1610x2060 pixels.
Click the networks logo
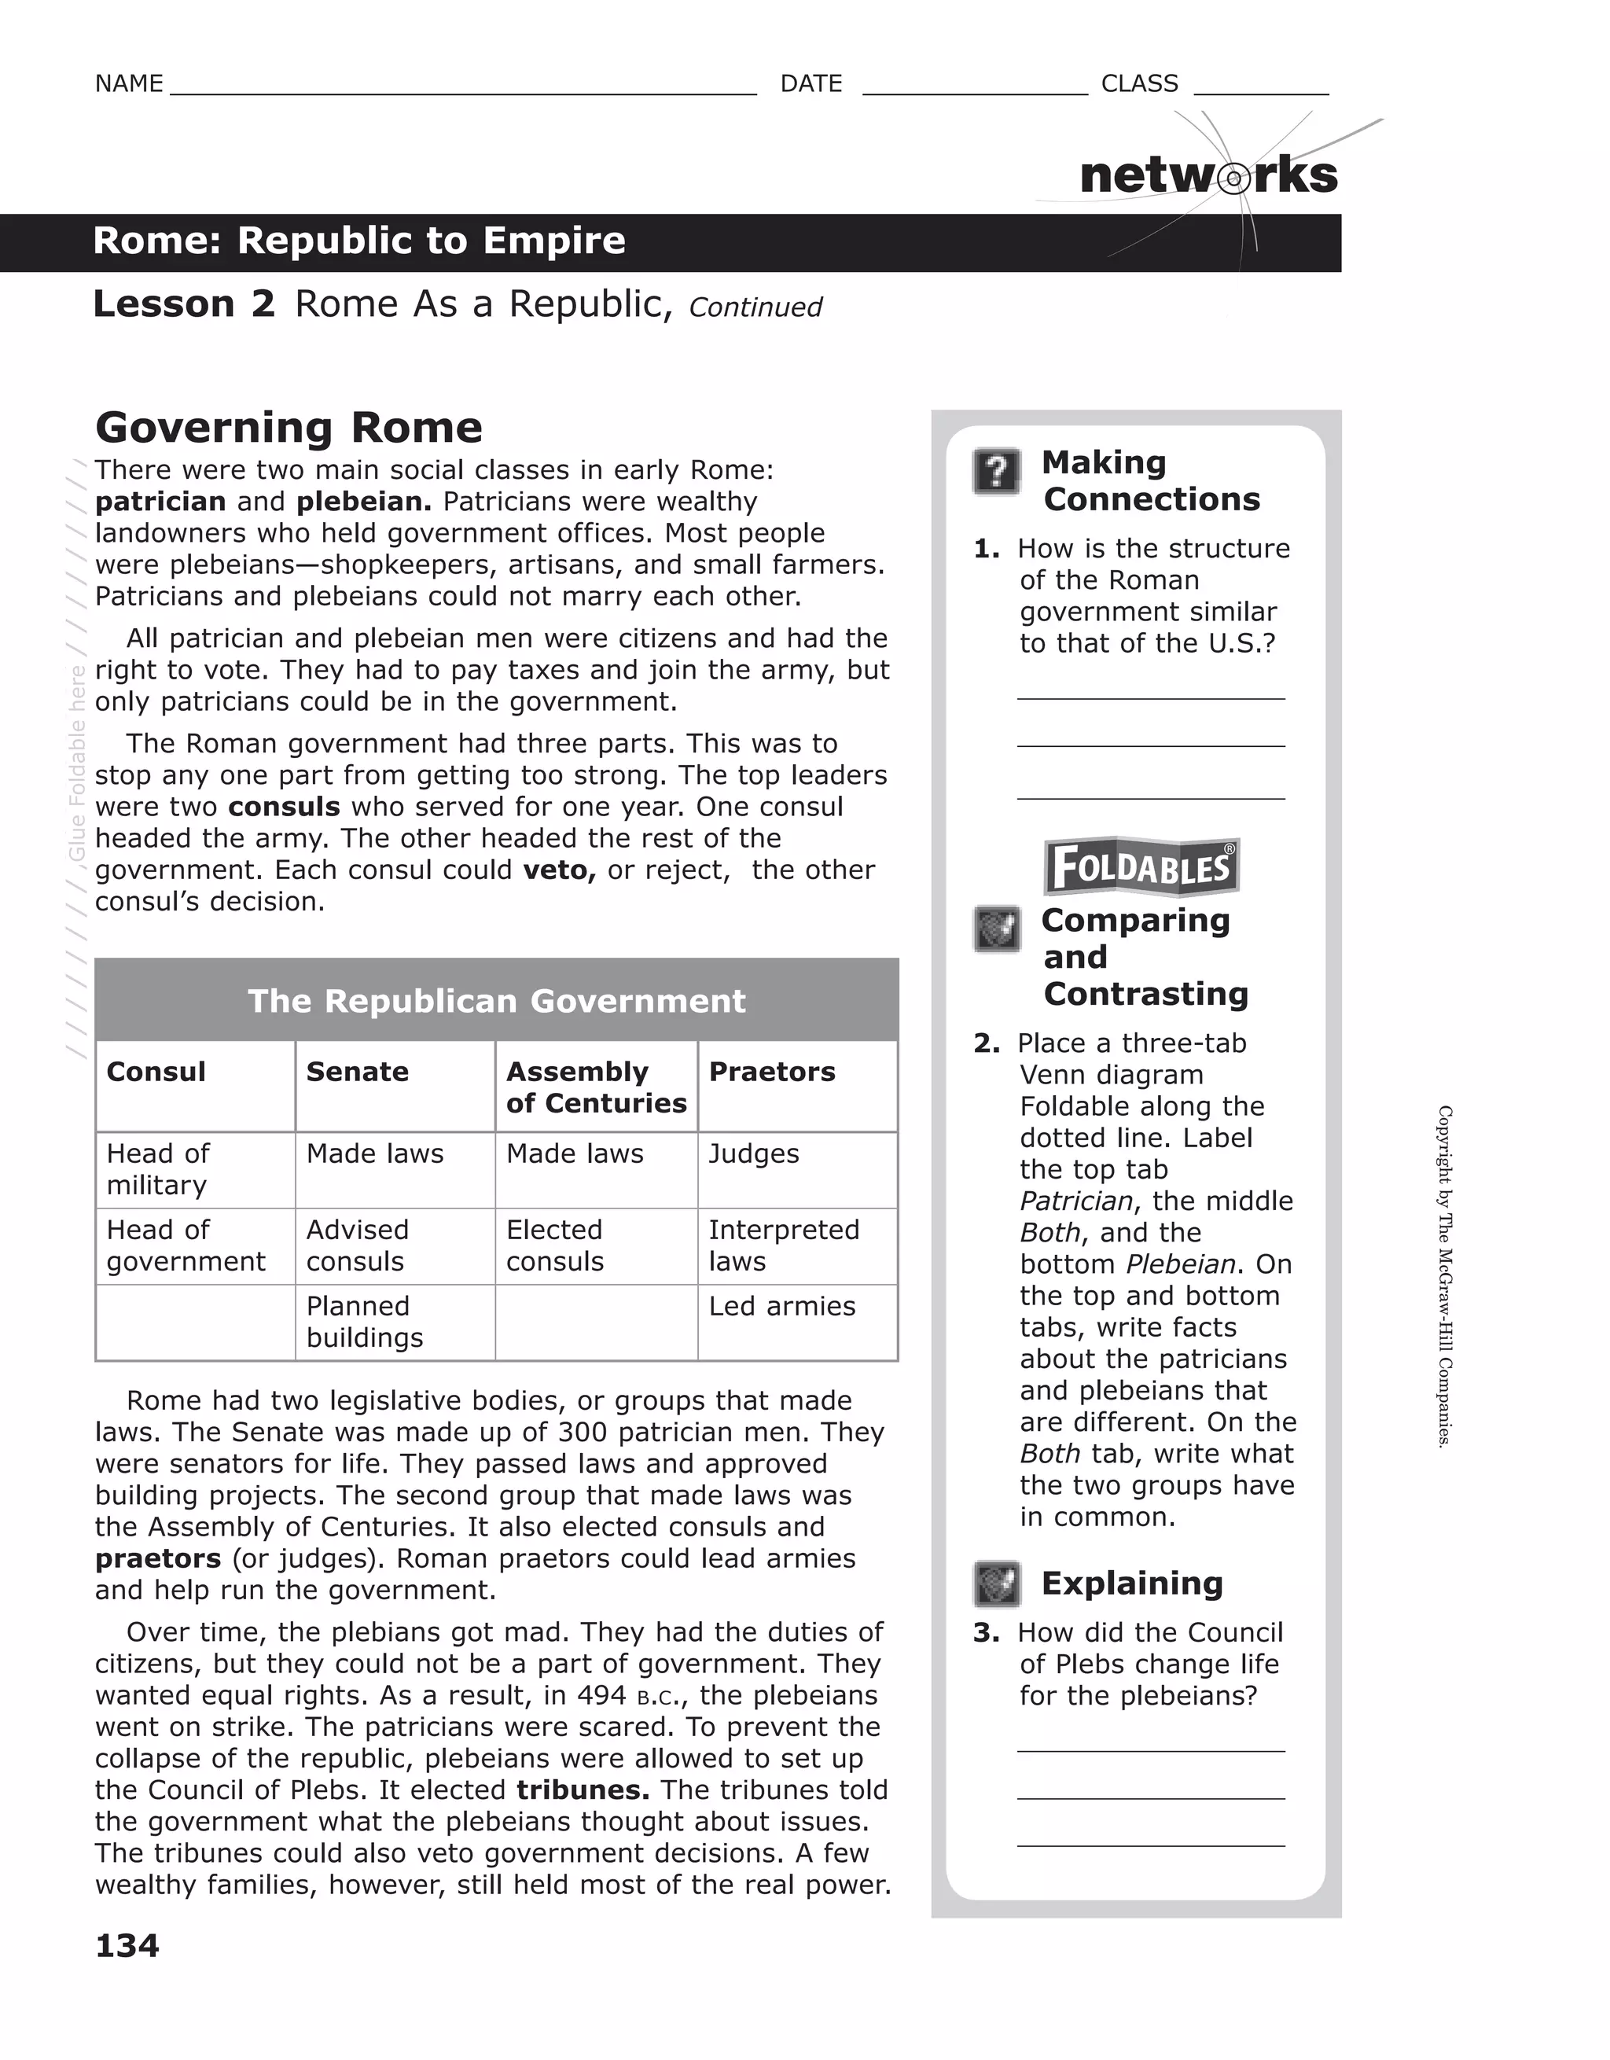(1208, 175)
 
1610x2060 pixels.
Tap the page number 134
(127, 1945)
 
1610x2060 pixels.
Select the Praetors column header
(771, 1072)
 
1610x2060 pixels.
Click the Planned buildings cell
(365, 1322)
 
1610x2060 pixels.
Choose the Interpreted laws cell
(783, 1245)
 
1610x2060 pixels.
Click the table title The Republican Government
(496, 1001)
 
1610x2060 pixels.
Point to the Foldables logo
(1141, 866)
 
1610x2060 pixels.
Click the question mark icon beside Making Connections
(997, 471)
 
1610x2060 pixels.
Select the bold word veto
(558, 870)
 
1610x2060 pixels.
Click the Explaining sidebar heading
(1132, 1583)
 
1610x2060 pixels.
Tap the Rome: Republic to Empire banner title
(359, 241)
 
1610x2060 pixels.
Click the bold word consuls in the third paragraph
(284, 807)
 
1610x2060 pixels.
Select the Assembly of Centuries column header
(595, 1087)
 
